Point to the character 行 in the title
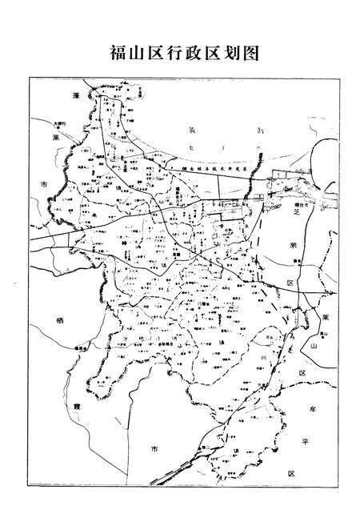pos(166,54)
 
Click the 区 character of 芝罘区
pos(292,283)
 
